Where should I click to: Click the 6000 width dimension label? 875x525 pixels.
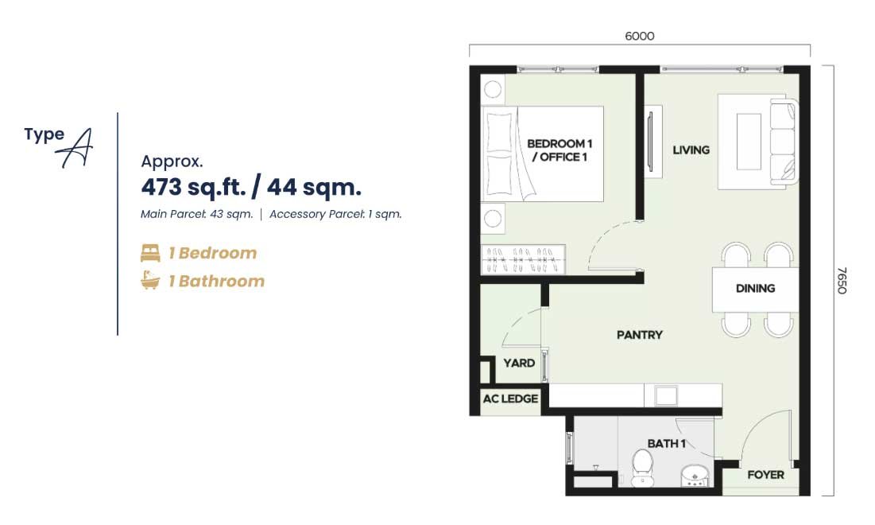tap(640, 37)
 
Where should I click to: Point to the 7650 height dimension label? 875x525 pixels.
tap(842, 280)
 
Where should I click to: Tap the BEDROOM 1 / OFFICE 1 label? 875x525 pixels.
tap(559, 150)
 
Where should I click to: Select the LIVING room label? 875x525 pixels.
tap(691, 150)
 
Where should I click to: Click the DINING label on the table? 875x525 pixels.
tap(755, 288)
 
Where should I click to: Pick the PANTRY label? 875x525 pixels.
tap(640, 335)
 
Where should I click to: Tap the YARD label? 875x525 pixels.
tap(519, 363)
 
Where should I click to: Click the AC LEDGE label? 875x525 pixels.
tap(510, 399)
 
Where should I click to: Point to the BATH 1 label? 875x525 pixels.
tap(666, 443)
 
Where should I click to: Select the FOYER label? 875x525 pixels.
tap(765, 475)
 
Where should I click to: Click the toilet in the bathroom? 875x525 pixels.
tap(642, 468)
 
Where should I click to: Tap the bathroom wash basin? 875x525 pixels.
tap(695, 475)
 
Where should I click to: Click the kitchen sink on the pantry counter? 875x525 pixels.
tap(666, 395)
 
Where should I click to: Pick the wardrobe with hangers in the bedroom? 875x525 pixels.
tap(523, 259)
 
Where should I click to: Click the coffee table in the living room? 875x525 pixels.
tap(749, 142)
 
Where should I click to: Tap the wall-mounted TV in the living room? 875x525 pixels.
tap(650, 142)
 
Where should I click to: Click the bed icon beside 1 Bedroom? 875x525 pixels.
tap(150, 253)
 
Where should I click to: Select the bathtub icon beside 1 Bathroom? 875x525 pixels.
tap(150, 280)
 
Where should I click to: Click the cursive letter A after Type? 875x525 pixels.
tap(75, 148)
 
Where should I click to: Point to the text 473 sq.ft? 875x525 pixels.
tap(194, 187)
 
